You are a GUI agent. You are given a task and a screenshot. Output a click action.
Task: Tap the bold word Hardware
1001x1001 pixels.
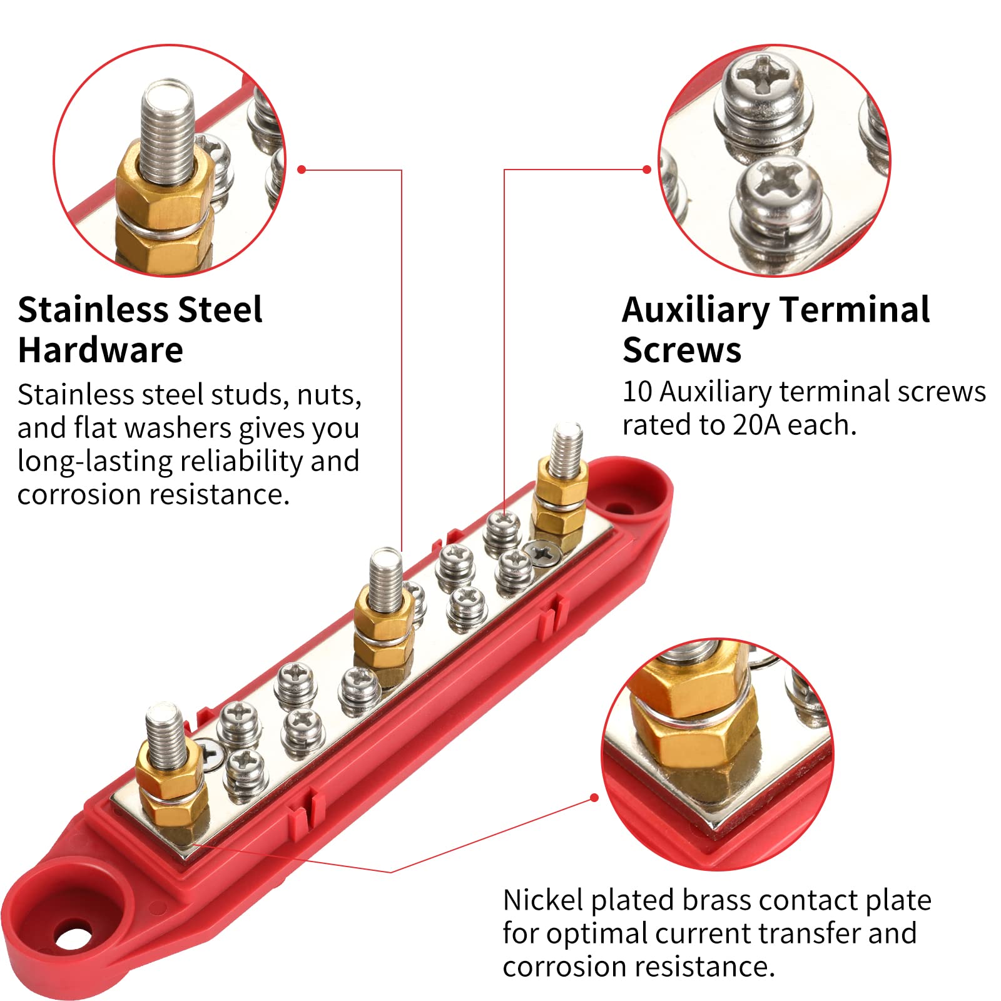point(101,350)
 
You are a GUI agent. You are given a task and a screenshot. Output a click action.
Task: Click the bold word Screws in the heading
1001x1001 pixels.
point(682,350)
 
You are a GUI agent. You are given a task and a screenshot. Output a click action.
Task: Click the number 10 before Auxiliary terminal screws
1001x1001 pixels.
point(638,392)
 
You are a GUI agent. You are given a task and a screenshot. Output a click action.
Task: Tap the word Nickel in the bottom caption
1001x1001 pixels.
point(544,900)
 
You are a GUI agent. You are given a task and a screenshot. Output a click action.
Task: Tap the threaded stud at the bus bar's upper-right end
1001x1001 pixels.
point(566,449)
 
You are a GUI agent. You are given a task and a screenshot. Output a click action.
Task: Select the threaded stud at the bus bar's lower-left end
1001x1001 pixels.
point(165,736)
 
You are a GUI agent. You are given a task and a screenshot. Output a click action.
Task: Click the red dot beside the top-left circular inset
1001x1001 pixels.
point(302,170)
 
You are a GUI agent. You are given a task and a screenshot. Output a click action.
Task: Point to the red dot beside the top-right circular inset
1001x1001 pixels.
point(647,170)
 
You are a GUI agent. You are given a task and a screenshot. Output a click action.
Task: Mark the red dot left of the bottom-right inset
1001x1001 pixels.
point(594,797)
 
